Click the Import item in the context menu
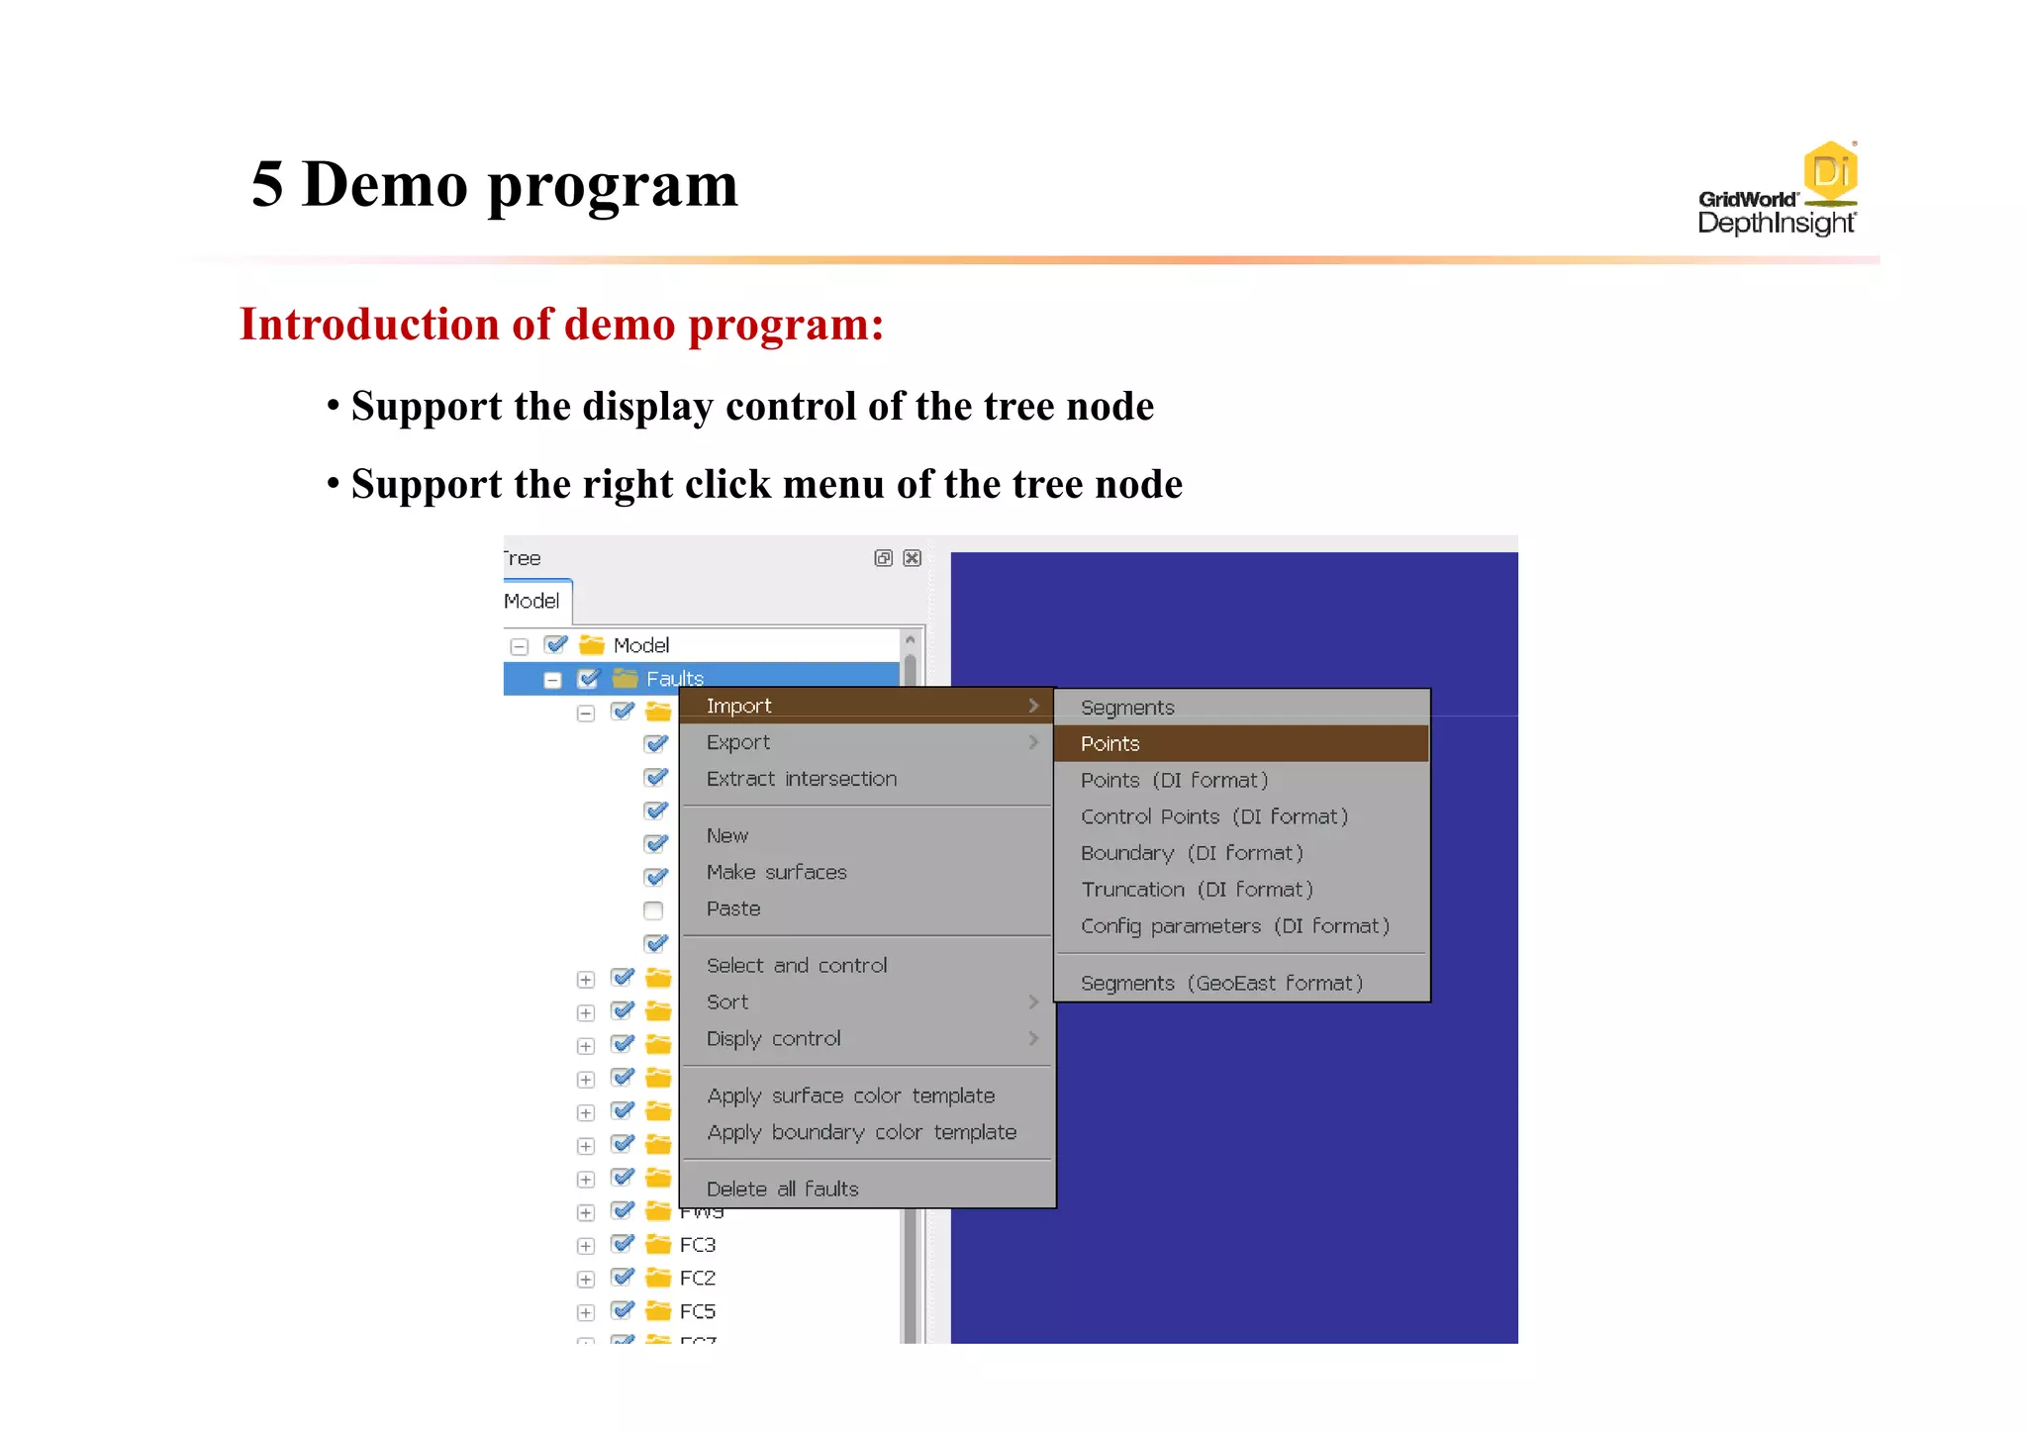point(738,706)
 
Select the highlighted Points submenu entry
point(1110,743)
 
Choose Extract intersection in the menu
point(801,779)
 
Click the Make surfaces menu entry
point(776,872)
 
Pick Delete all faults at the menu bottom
point(782,1189)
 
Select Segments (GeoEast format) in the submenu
point(1220,983)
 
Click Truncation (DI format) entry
point(1196,890)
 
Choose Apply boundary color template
point(861,1132)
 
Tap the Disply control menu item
point(773,1038)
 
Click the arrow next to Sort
point(1032,1002)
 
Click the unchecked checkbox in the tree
point(653,910)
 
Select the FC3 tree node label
point(697,1245)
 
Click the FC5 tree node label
point(697,1311)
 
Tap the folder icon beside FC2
point(658,1278)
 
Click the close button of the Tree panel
point(913,558)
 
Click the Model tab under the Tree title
point(532,601)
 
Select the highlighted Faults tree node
point(674,679)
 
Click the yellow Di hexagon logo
point(1829,171)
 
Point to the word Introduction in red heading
point(368,325)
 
